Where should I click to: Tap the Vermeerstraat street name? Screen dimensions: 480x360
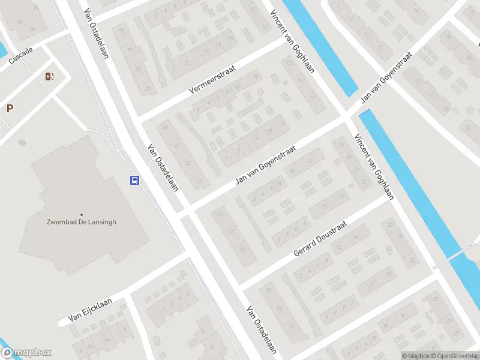(x=212, y=80)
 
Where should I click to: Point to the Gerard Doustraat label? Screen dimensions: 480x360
(x=322, y=241)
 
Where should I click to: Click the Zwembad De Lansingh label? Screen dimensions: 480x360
(x=82, y=221)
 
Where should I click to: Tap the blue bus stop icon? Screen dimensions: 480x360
(x=135, y=180)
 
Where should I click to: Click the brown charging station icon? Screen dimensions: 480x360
(x=49, y=76)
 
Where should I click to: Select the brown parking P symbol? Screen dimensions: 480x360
(x=10, y=108)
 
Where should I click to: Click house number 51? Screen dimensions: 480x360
(x=242, y=249)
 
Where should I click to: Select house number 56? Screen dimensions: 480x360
(x=268, y=290)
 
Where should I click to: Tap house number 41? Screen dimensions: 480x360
(x=199, y=181)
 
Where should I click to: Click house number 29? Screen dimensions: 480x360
(x=166, y=127)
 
